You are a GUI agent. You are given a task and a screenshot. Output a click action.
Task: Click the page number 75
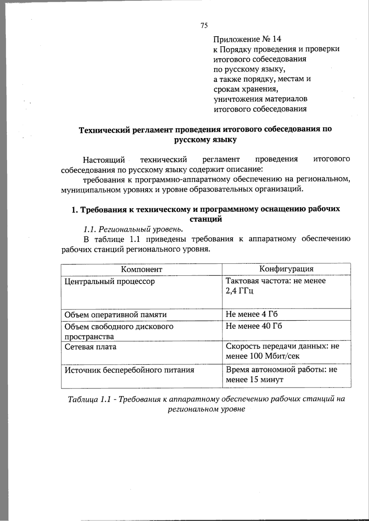click(x=204, y=25)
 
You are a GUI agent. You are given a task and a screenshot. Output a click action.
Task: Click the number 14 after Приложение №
click(x=276, y=39)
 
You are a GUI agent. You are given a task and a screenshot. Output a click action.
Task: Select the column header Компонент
click(x=141, y=269)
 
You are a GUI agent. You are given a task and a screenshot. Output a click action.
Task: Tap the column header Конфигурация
click(x=286, y=269)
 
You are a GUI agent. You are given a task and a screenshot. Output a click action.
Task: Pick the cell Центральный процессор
click(x=109, y=281)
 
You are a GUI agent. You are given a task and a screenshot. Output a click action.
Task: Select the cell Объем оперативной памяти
click(x=116, y=315)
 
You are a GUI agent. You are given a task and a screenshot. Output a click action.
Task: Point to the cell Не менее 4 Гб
click(x=252, y=314)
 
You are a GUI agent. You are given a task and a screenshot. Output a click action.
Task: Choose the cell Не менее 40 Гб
click(x=254, y=326)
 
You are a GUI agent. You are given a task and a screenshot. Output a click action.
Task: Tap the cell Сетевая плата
click(x=90, y=347)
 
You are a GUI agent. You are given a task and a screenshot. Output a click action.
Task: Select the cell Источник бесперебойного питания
click(x=129, y=370)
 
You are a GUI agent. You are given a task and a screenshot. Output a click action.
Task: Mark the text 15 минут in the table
click(x=266, y=380)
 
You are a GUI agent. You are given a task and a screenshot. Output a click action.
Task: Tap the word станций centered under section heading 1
click(x=206, y=219)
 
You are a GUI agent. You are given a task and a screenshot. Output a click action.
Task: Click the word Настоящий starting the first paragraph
click(x=104, y=160)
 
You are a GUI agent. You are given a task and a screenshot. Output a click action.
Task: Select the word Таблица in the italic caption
click(x=83, y=399)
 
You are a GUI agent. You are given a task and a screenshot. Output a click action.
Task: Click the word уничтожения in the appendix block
click(x=234, y=99)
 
